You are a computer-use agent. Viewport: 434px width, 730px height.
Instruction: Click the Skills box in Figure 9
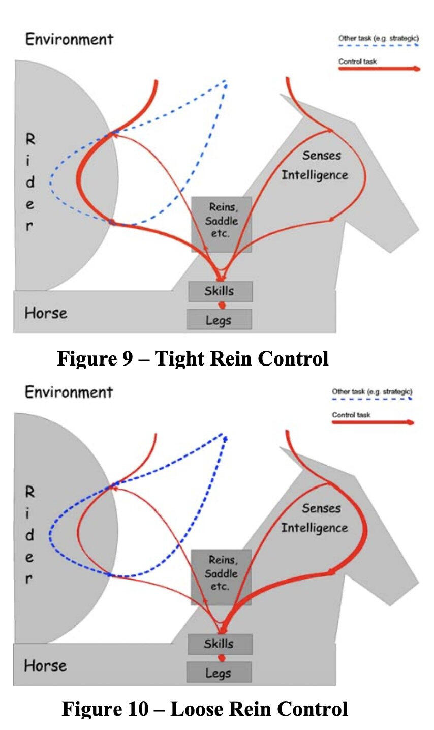tap(220, 291)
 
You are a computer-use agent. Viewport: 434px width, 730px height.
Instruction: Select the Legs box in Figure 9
tap(219, 320)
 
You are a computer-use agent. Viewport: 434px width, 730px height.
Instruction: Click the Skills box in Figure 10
tap(220, 644)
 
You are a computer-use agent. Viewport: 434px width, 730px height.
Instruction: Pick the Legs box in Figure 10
tap(219, 673)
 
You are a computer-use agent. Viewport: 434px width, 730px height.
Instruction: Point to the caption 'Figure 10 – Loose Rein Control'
tap(204, 708)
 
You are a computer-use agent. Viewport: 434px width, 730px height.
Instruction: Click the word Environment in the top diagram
tap(69, 39)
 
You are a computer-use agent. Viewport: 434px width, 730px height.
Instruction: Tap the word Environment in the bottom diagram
tap(69, 392)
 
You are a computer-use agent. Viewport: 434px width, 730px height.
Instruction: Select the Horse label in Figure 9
tap(46, 313)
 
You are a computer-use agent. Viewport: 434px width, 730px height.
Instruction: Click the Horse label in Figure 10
tap(45, 665)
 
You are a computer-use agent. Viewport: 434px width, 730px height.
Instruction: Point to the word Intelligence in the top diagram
tap(315, 175)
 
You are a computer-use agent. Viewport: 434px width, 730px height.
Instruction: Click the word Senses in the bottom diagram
tap(321, 508)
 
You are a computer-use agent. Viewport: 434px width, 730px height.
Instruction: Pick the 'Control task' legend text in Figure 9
tap(358, 62)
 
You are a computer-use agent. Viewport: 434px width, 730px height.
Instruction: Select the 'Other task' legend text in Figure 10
tap(372, 392)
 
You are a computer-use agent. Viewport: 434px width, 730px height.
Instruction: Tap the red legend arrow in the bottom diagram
tap(373, 422)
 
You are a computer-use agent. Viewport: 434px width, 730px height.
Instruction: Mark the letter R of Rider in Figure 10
tap(30, 492)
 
